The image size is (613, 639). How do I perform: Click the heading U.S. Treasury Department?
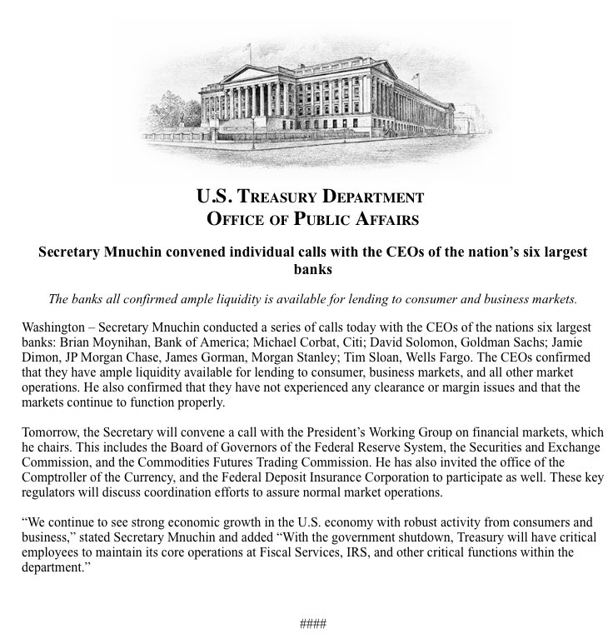310,198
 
